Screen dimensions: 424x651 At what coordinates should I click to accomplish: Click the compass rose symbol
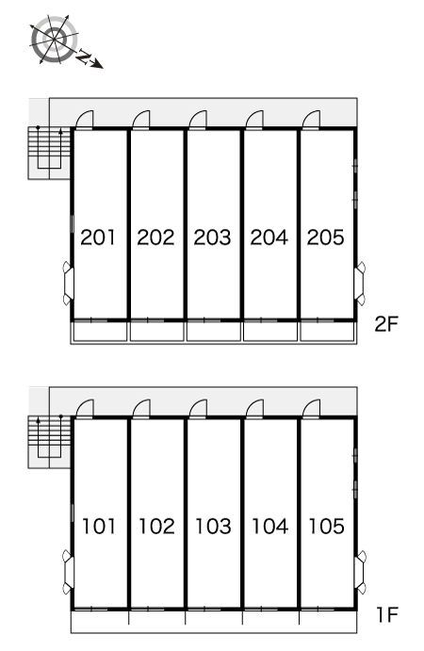54,40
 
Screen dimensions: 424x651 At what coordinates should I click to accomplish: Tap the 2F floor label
386,324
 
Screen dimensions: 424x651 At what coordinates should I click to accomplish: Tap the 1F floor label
387,614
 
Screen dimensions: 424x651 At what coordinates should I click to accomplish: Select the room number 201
98,237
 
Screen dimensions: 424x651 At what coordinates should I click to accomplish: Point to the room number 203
212,237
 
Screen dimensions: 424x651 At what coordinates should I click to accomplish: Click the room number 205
326,237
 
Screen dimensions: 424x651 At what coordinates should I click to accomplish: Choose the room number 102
156,526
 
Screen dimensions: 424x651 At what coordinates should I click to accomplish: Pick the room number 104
269,526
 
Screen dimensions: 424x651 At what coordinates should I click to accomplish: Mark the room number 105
326,526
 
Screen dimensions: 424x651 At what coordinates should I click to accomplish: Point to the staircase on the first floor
49,441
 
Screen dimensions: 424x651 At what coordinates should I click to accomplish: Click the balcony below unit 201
100,332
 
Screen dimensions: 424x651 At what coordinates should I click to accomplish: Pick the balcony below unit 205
327,332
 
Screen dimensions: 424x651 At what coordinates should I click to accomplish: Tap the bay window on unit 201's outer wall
68,284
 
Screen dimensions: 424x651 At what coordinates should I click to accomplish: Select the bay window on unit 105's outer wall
361,572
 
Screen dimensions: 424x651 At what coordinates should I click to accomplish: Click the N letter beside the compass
84,57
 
